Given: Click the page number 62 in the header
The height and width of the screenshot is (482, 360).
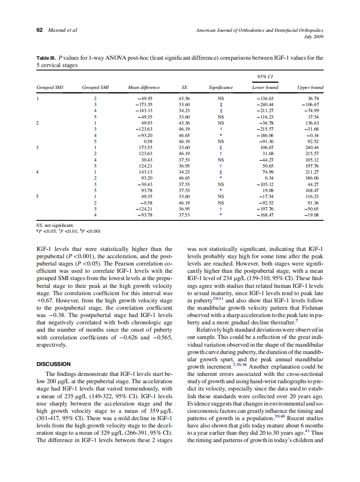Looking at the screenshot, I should [x=40, y=30].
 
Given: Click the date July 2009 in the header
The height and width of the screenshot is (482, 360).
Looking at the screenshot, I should [x=314, y=37].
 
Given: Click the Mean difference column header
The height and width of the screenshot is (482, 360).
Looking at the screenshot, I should [x=143, y=87].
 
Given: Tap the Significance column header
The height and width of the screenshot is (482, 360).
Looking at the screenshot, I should [x=220, y=87].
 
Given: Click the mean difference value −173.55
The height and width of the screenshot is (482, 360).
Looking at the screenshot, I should [x=144, y=104].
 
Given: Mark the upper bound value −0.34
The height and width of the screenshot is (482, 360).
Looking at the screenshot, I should [x=318, y=134].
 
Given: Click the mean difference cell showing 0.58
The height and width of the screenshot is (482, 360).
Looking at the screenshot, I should [x=148, y=140].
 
